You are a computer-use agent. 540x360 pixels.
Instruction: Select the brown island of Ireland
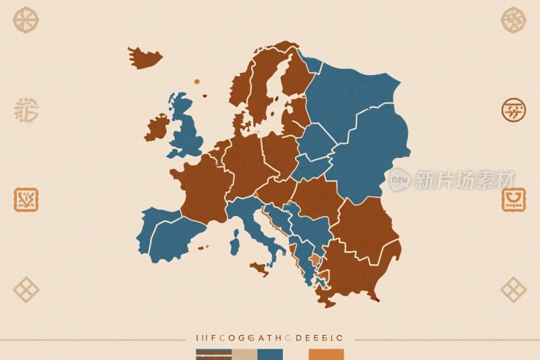[x=157, y=127]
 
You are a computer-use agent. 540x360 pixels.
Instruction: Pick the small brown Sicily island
[x=259, y=269]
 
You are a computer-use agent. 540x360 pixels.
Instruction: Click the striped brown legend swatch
[x=213, y=354]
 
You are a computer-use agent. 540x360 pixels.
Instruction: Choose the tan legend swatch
[x=244, y=354]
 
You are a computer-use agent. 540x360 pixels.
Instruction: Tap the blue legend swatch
[x=270, y=354]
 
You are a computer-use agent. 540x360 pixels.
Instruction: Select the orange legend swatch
[x=326, y=354]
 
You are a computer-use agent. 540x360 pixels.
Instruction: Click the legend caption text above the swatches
[x=269, y=337]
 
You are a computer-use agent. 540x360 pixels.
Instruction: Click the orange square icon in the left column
[x=26, y=199]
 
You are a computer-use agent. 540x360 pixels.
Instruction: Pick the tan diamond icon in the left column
[x=26, y=289]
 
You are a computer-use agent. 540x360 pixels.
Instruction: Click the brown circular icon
[x=513, y=109]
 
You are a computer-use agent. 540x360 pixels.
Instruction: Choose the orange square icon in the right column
[x=513, y=200]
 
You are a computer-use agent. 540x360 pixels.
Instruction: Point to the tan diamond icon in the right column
[x=513, y=289]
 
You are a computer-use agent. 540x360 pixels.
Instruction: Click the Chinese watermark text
[x=464, y=179]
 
